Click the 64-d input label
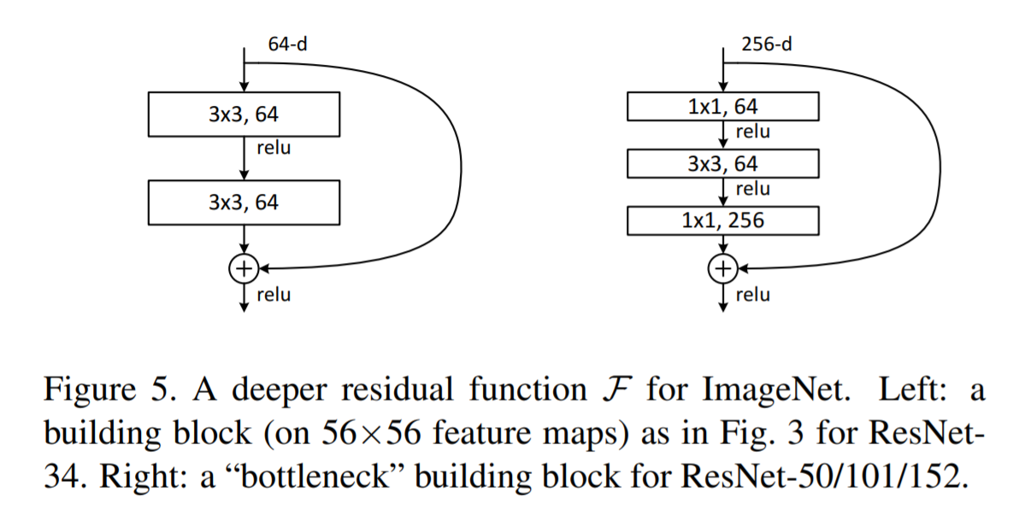point(287,44)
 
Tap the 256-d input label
point(766,44)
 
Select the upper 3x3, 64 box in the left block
point(244,114)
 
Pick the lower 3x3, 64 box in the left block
point(244,202)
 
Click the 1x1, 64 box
point(723,107)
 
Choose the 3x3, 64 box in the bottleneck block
point(723,163)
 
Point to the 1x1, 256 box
point(723,220)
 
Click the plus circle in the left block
point(244,268)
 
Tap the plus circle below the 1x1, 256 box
point(723,268)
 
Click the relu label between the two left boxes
point(274,149)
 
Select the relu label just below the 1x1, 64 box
point(752,132)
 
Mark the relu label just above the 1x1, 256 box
point(752,189)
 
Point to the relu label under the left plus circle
point(274,295)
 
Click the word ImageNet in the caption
point(766,393)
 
